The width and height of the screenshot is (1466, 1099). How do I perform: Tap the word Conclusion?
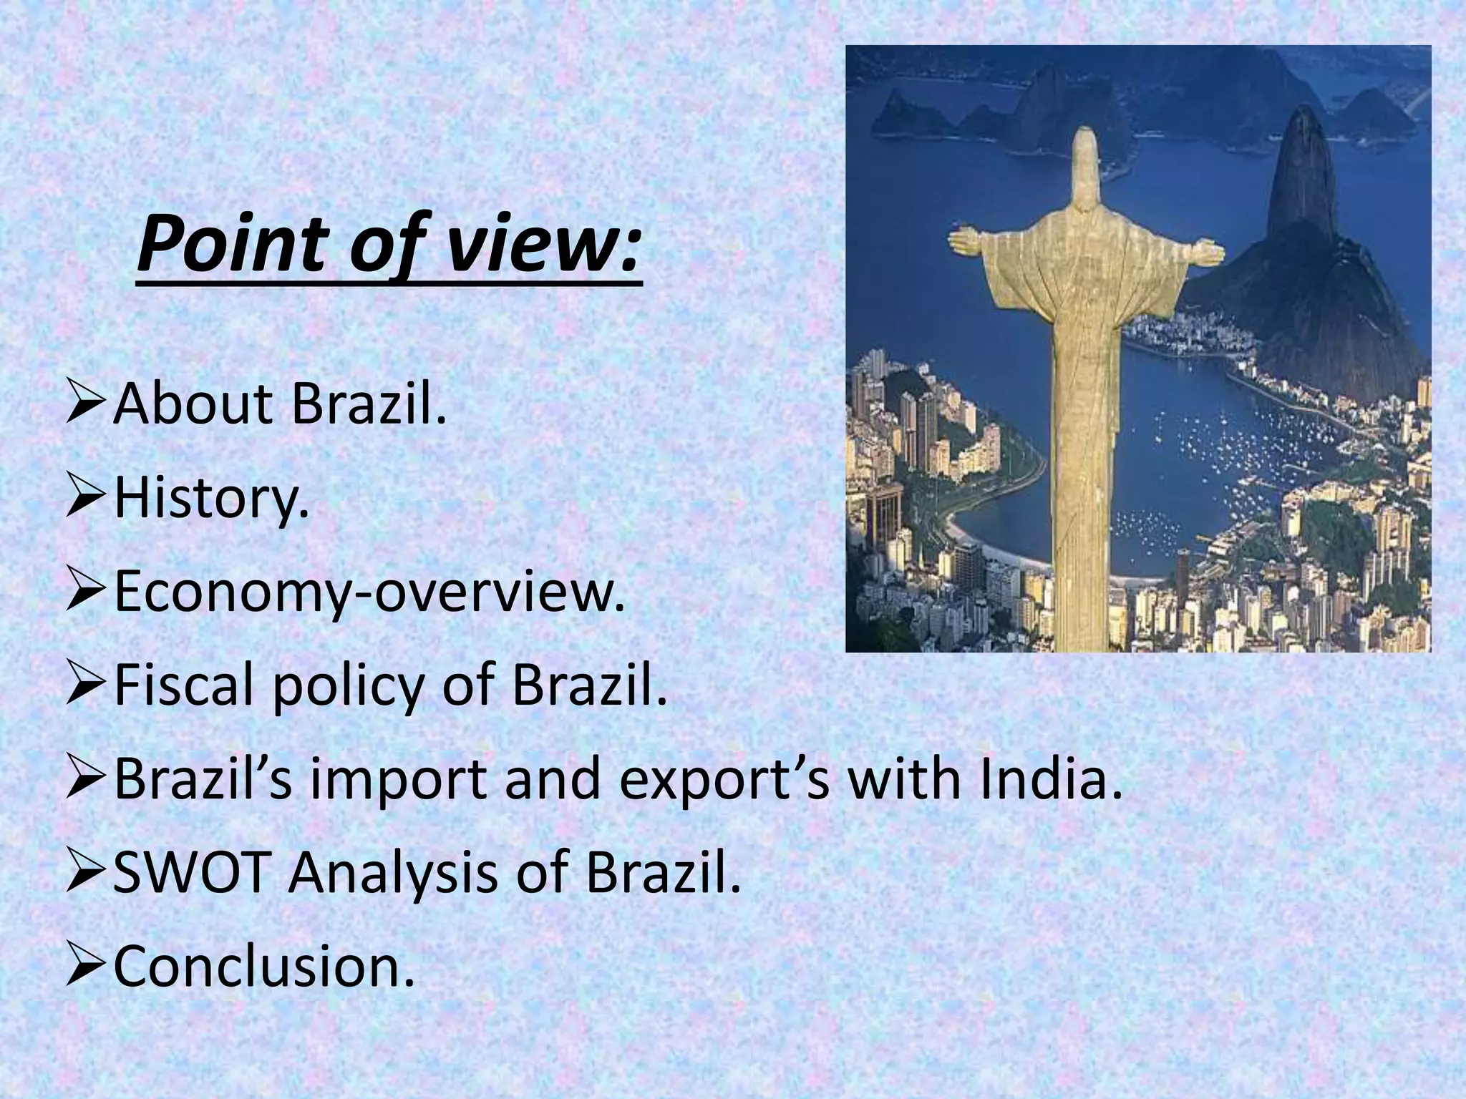click(264, 966)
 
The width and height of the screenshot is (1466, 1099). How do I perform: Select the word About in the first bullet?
click(193, 405)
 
